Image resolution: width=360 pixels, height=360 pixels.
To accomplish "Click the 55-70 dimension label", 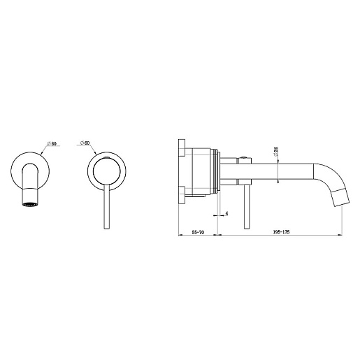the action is click(198, 232).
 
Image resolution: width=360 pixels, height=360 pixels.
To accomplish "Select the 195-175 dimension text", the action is click(281, 232).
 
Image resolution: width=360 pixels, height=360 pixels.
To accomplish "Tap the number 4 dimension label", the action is click(226, 213).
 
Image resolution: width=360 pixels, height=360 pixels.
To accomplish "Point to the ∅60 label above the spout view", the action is click(52, 143).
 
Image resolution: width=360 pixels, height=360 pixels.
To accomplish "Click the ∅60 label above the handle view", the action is click(85, 143).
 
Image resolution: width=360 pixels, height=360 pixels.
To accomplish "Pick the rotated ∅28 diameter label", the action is click(276, 152).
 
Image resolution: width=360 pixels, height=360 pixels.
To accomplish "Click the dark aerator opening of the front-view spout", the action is click(30, 205).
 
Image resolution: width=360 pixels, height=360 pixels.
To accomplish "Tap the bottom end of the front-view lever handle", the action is click(106, 229).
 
